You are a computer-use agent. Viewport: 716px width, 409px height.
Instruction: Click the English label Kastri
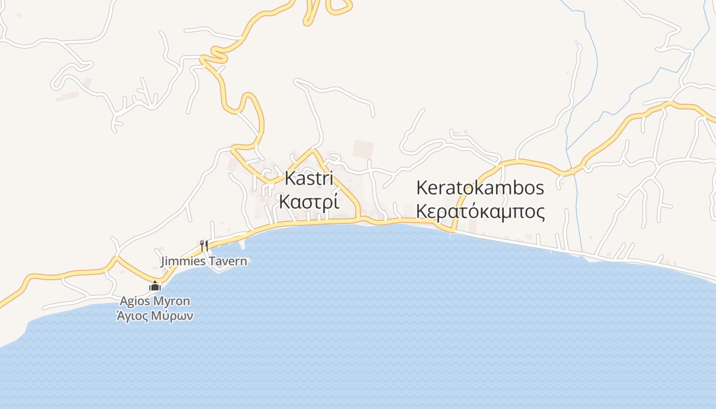coord(309,178)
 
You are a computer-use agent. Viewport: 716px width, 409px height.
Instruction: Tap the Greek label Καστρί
coord(309,202)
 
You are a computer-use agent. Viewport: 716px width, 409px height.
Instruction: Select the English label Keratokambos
coord(480,188)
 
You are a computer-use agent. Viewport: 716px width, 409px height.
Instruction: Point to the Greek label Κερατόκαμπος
coord(480,211)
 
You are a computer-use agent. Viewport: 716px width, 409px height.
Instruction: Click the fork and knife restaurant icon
coord(205,245)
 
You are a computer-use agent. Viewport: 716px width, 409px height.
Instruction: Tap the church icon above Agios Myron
coord(155,286)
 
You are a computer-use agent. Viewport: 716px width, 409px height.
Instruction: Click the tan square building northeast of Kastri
coord(363,149)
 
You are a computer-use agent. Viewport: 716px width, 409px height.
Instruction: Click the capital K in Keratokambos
coord(422,188)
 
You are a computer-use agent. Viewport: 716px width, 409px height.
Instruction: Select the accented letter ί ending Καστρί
coord(335,202)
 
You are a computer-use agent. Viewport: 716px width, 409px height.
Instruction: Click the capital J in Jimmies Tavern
coord(163,262)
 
